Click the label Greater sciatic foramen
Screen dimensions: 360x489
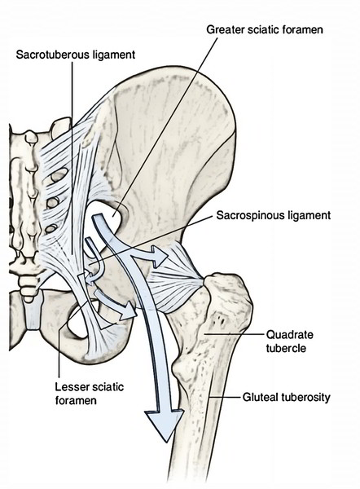tap(265, 29)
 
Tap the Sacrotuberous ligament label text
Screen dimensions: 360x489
tap(76, 55)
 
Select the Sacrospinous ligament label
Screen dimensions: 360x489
tap(274, 215)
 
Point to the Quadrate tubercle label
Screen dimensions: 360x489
tap(290, 341)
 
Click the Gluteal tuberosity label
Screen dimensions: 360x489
tap(286, 398)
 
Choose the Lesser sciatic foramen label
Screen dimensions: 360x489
tap(90, 394)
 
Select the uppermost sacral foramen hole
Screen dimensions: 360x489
tap(59, 175)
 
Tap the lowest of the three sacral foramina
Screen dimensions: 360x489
tap(51, 229)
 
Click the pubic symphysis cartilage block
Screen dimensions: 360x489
tap(33, 312)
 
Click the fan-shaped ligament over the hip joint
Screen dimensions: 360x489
tap(175, 279)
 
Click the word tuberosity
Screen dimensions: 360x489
tap(305, 398)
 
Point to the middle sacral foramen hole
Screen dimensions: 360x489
tap(53, 203)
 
